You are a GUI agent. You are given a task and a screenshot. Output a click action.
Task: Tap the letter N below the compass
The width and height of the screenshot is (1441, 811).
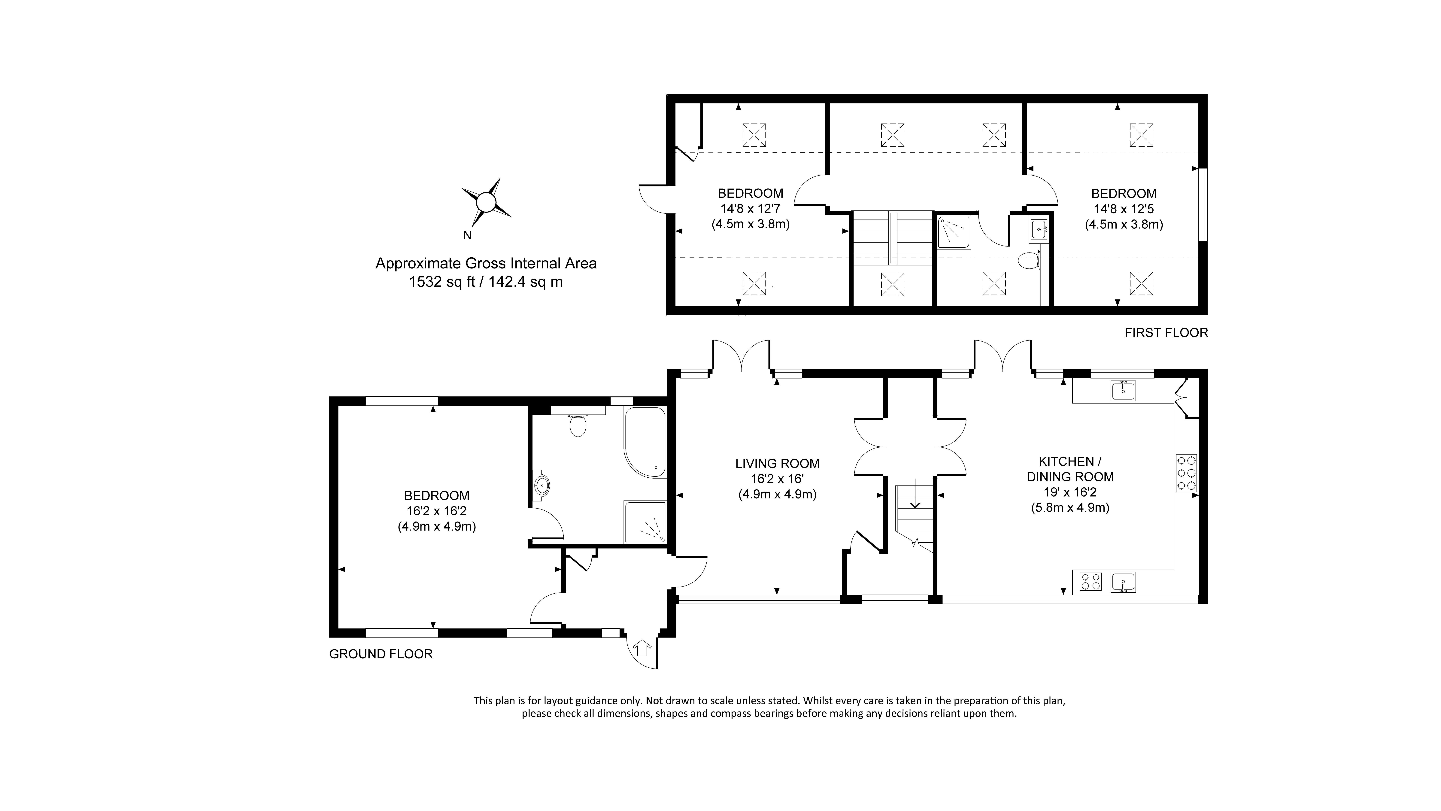[467, 236]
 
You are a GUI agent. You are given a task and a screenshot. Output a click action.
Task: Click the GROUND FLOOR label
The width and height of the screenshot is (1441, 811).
[380, 654]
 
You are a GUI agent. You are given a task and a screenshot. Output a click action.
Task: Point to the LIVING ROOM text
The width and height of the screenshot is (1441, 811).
[777, 464]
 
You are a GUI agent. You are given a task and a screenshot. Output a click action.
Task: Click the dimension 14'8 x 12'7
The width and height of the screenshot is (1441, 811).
[750, 209]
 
